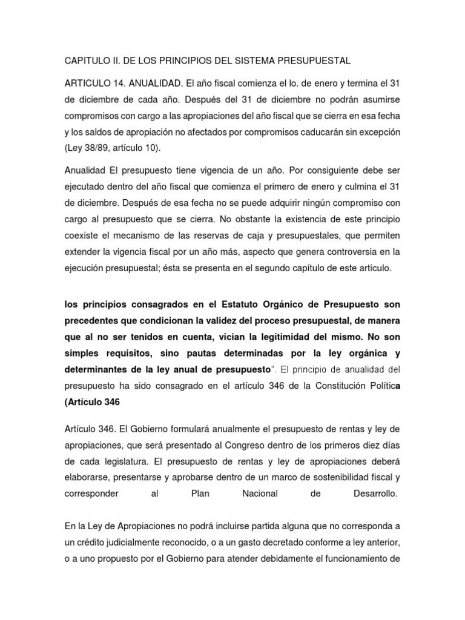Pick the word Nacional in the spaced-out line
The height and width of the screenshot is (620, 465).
(x=259, y=493)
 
